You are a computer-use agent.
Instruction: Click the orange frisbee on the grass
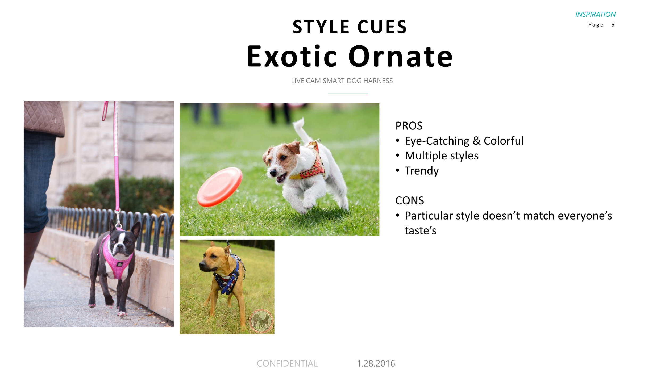(x=219, y=187)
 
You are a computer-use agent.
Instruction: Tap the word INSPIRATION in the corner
(x=595, y=14)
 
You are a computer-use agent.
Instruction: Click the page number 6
(x=613, y=25)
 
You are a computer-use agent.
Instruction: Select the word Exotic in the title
(x=292, y=56)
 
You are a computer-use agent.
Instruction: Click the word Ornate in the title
(x=400, y=56)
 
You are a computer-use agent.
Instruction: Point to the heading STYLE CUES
(x=350, y=27)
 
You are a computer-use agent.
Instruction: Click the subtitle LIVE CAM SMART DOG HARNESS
(x=342, y=81)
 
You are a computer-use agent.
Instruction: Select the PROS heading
(x=409, y=126)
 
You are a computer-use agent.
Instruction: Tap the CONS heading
(x=409, y=200)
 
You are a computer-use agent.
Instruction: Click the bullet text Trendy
(x=421, y=171)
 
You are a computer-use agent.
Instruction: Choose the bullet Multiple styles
(x=441, y=156)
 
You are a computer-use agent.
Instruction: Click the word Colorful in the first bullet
(x=503, y=141)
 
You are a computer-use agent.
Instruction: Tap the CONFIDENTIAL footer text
(x=287, y=363)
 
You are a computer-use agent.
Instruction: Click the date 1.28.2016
(x=376, y=363)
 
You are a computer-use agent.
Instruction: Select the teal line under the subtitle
(x=347, y=94)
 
